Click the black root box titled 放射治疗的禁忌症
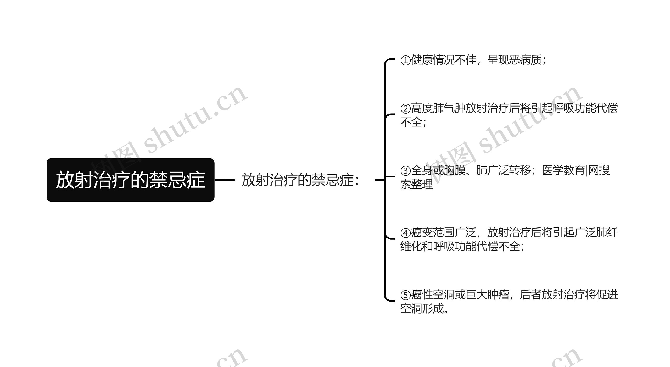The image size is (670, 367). coord(130,180)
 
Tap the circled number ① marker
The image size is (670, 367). coord(405,60)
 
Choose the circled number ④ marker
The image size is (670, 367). coord(405,233)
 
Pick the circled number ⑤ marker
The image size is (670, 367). coord(405,295)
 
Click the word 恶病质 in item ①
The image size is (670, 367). coord(525,60)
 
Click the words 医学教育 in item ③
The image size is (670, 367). coord(563,170)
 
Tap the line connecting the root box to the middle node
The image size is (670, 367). coord(225,180)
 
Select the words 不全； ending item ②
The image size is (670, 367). coord(414,122)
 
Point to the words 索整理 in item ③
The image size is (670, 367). coord(416,184)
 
